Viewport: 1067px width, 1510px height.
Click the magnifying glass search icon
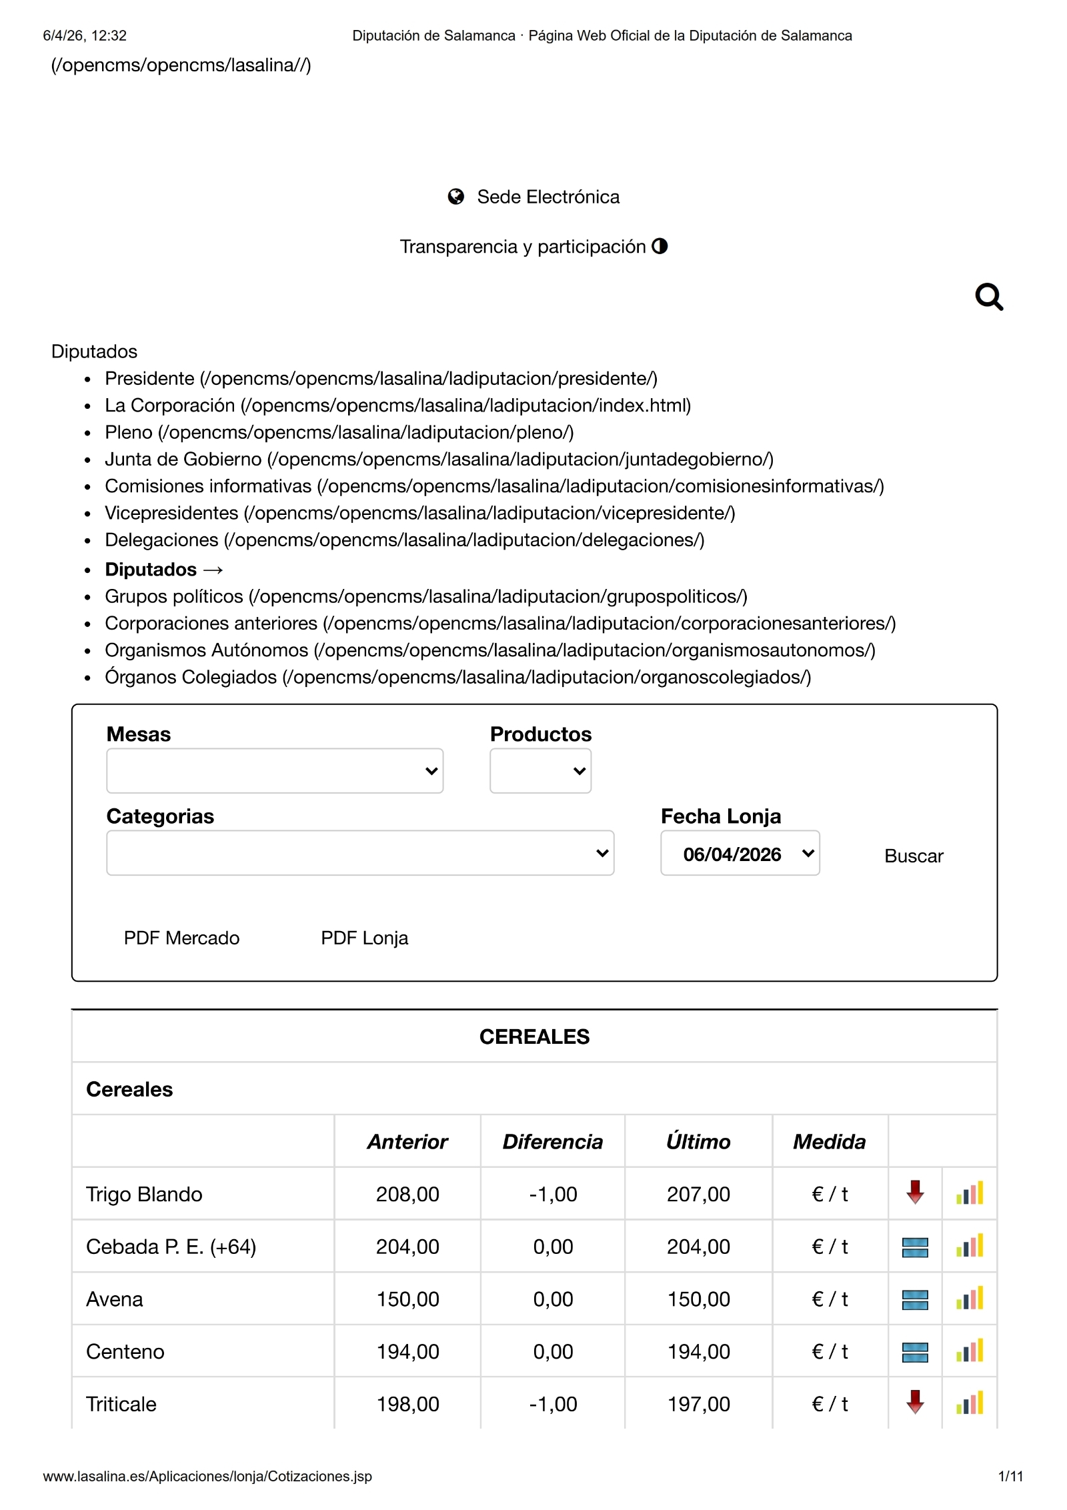[x=988, y=297]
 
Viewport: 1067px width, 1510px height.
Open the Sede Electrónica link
[x=548, y=197]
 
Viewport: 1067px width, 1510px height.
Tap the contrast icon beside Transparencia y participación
[x=660, y=246]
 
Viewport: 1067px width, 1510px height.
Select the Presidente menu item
[x=149, y=378]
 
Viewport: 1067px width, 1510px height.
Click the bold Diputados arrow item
[x=163, y=569]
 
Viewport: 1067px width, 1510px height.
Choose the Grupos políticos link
[x=173, y=596]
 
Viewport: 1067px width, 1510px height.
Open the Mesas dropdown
[x=274, y=770]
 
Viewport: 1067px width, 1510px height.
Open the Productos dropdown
[x=540, y=770]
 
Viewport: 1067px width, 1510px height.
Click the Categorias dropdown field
[x=359, y=852]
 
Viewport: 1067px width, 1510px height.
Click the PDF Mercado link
[x=181, y=938]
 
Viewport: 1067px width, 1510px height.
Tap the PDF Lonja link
[x=364, y=938]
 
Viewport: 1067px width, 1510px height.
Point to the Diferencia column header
[x=552, y=1141]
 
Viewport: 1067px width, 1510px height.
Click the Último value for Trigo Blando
[x=698, y=1194]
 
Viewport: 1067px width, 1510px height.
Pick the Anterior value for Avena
[x=407, y=1299]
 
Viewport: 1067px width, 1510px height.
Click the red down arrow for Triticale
[x=915, y=1403]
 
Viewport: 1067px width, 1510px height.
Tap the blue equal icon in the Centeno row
[x=915, y=1352]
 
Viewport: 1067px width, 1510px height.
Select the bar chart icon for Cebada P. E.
[x=970, y=1246]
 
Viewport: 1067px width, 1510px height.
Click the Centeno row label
[x=125, y=1351]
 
